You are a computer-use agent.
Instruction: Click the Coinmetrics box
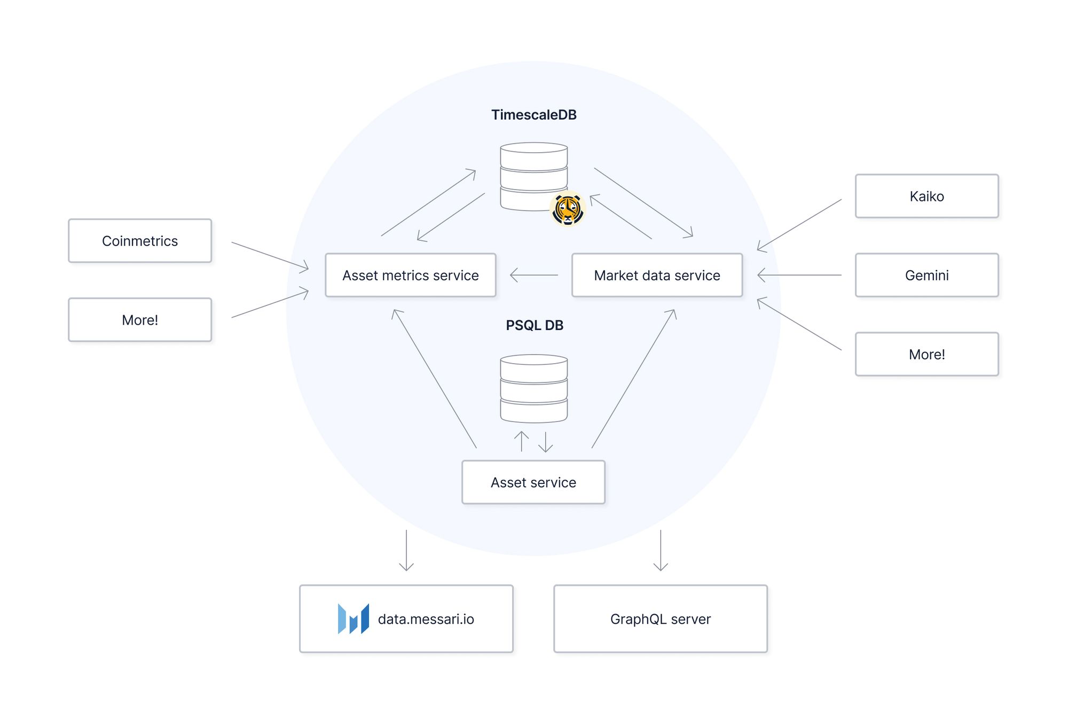140,241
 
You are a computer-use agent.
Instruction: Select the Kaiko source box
926,196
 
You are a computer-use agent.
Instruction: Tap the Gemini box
926,275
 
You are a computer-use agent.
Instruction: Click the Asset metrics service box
410,275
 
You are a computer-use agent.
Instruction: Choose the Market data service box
657,275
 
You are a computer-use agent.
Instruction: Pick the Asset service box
533,482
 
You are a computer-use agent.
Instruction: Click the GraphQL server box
660,619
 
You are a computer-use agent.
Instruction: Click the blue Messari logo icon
353,619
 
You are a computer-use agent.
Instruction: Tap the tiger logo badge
567,209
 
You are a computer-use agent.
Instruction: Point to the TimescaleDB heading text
533,115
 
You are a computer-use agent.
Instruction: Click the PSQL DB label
534,325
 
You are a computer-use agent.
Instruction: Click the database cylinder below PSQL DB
533,388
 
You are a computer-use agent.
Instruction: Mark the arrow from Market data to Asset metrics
534,275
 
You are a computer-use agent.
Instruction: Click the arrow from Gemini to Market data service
799,275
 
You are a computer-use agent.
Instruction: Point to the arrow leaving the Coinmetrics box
270,255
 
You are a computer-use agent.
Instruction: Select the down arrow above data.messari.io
406,550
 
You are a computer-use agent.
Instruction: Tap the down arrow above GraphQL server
661,550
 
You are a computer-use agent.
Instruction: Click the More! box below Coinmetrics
140,320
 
